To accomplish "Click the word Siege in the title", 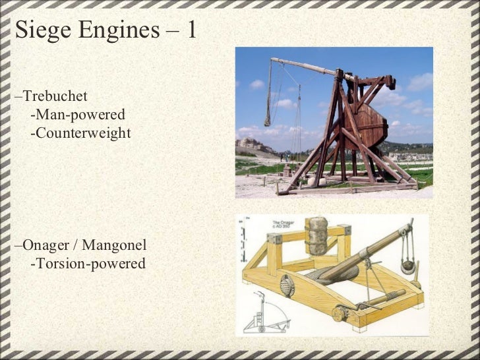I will click(40, 30).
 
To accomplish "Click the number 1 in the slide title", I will click(191, 30).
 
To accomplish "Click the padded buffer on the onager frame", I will click(319, 234).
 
